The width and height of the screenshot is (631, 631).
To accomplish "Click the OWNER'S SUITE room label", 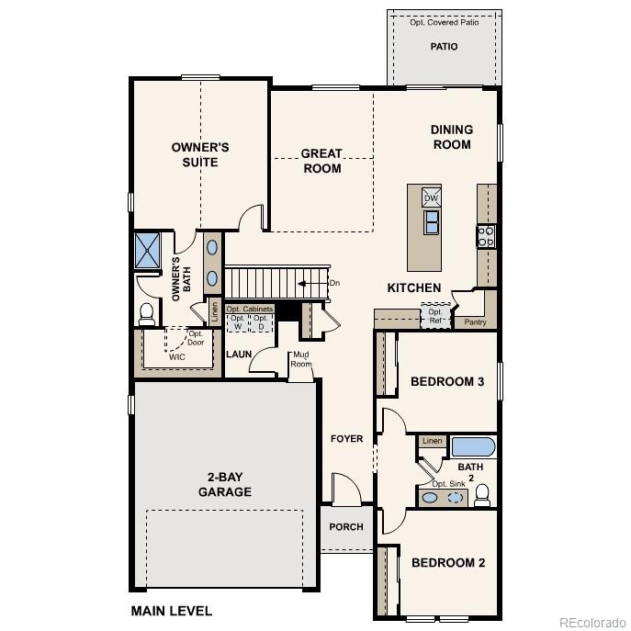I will [x=199, y=154].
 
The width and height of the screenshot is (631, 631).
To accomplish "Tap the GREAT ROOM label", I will [x=321, y=161].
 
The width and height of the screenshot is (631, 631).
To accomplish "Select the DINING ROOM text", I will [x=451, y=137].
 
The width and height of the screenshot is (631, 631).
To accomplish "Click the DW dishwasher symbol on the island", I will [x=431, y=197].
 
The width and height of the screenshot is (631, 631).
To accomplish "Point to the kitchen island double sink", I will [x=431, y=222].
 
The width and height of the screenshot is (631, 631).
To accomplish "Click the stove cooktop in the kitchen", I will [x=485, y=236].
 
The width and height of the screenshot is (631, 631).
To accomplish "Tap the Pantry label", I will [x=475, y=322].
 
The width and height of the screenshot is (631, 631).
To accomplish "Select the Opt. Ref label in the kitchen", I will [x=434, y=317].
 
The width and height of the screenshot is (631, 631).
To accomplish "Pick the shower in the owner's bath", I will [x=148, y=251].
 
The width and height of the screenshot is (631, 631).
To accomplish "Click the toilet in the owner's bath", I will [x=146, y=313].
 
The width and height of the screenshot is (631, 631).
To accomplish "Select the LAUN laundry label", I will [x=239, y=354].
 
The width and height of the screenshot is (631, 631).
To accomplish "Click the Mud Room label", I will [x=300, y=360].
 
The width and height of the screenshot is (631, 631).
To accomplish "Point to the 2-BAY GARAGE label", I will [x=224, y=484].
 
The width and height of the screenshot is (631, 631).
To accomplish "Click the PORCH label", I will [x=346, y=527].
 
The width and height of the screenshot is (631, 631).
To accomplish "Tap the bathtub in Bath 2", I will [x=473, y=447].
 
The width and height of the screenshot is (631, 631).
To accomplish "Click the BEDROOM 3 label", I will [x=446, y=381].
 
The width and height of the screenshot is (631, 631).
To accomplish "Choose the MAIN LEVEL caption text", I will [x=171, y=611].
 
